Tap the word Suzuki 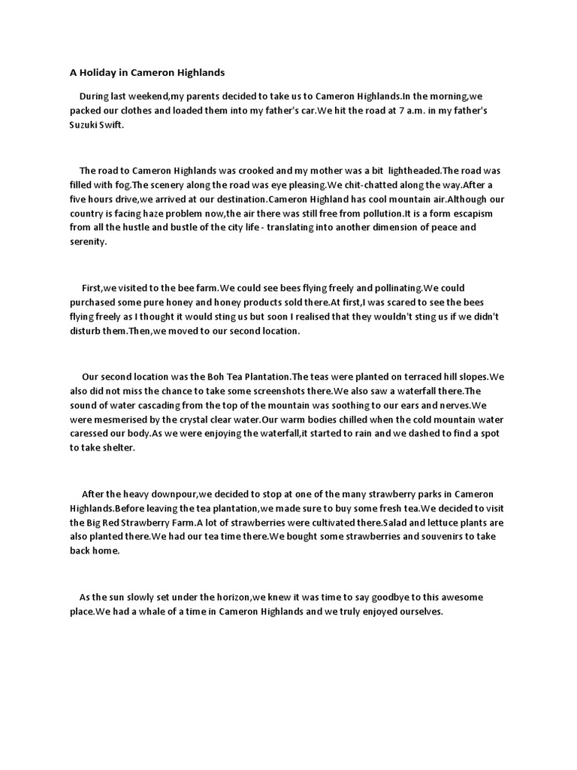[x=83, y=126]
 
